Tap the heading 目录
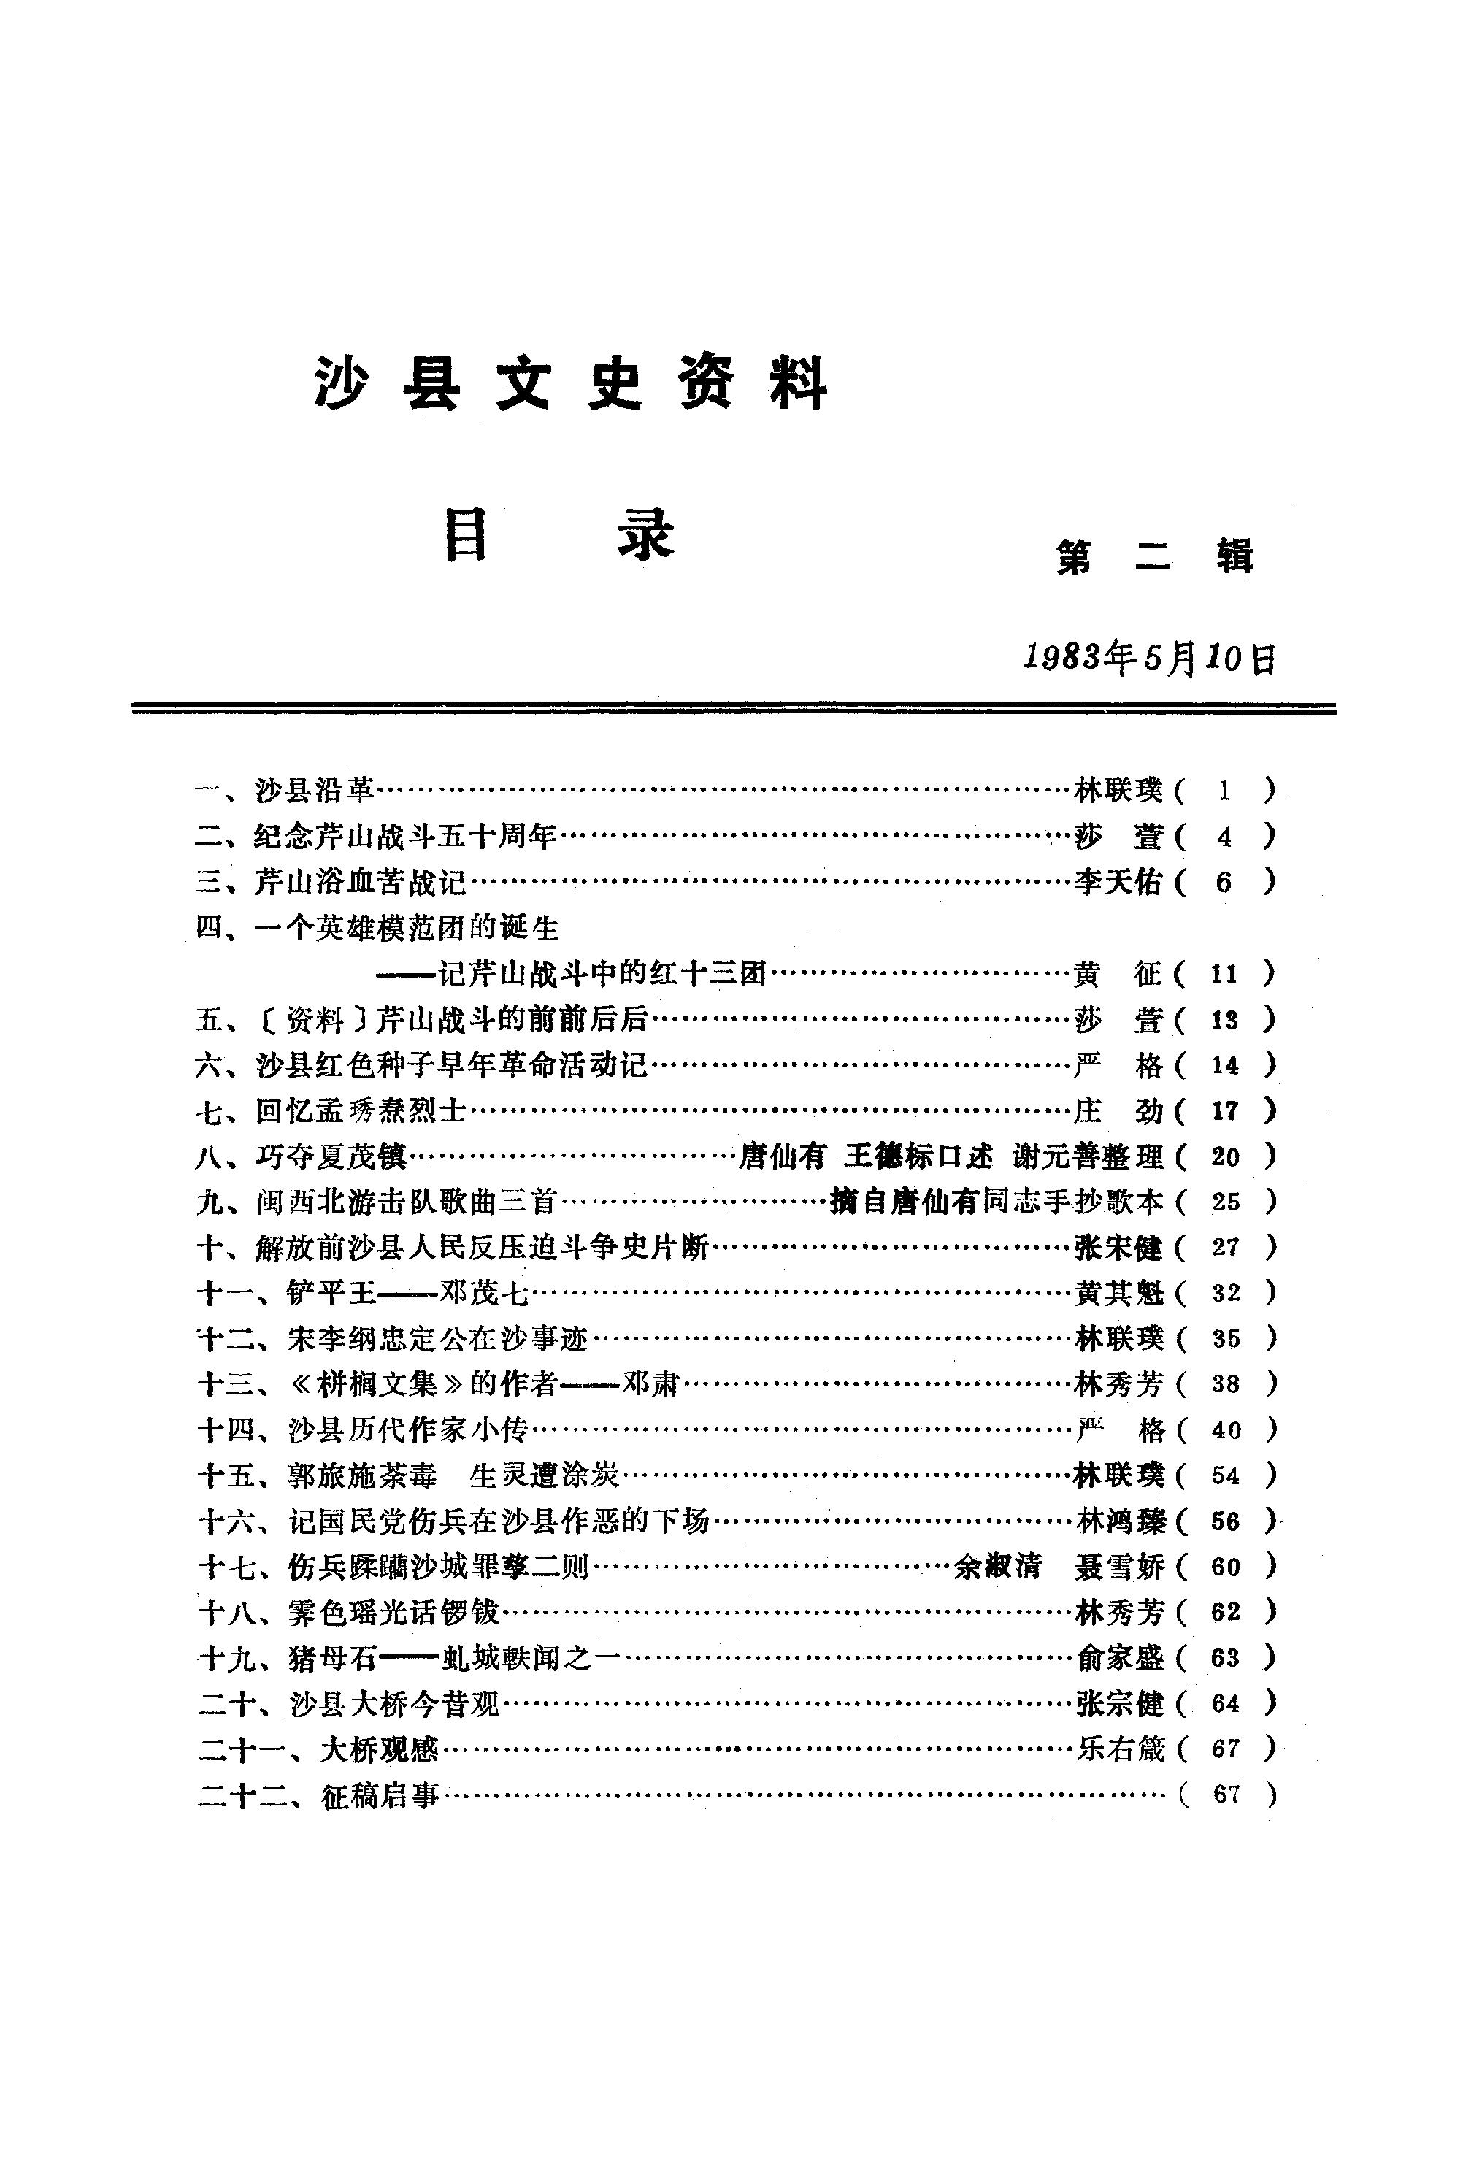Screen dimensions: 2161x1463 tap(557, 537)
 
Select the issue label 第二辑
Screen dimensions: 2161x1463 tap(1154, 557)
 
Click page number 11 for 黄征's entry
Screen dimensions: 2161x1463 tap(1224, 974)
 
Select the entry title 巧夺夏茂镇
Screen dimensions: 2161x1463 tap(333, 1156)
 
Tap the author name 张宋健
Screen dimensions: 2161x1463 tap(1118, 1248)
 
